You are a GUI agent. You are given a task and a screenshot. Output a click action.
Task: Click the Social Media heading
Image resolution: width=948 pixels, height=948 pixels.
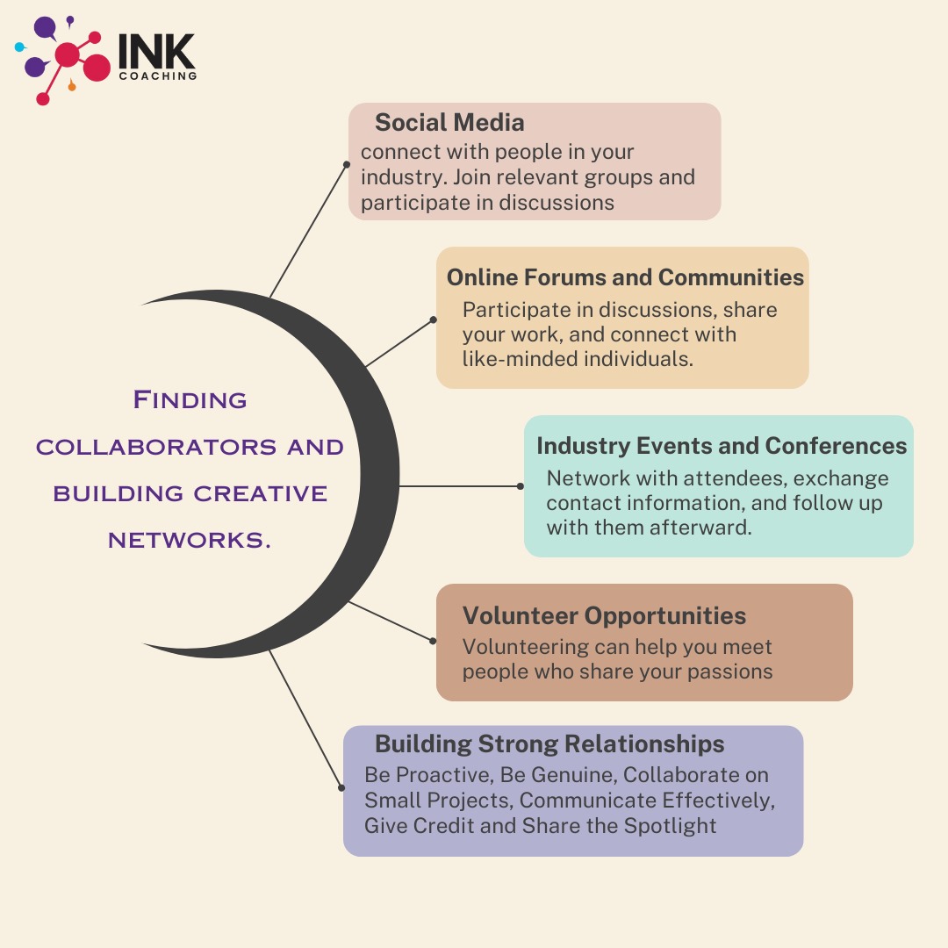coord(449,123)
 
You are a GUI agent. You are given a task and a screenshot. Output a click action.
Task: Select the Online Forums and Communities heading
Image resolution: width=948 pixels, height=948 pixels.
coord(625,277)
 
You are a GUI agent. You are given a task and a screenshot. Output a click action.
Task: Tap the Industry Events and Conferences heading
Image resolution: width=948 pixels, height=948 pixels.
coord(722,446)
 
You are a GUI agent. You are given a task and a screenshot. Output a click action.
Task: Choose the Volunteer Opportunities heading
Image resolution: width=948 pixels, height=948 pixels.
coord(604,615)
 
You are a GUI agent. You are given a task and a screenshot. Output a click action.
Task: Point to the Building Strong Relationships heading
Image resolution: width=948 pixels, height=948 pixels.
coord(549,744)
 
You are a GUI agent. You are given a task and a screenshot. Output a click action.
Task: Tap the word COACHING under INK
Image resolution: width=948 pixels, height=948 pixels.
coord(157,76)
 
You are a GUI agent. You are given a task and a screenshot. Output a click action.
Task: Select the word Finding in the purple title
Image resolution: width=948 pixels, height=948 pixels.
coord(190,400)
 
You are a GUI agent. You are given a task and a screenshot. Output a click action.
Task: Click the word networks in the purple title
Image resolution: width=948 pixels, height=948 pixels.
coord(190,541)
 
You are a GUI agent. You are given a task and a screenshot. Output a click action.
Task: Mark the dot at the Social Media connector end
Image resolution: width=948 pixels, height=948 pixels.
coord(346,163)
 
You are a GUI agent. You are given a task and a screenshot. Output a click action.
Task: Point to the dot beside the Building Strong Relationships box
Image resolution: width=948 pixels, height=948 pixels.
coord(341,788)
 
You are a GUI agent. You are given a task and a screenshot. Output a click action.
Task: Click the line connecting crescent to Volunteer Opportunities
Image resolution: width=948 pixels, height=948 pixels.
coord(391,621)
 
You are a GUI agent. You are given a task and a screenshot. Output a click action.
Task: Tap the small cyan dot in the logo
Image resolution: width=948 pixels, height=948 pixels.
coord(19,47)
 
